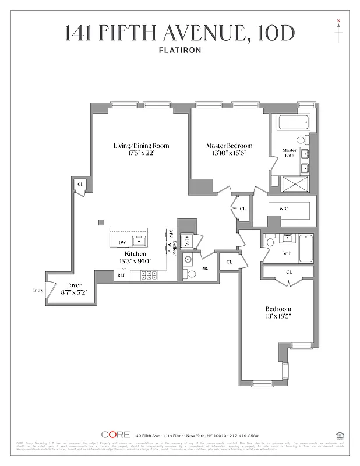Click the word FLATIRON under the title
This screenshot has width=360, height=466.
coord(179,50)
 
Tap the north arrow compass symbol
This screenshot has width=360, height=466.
coord(338,31)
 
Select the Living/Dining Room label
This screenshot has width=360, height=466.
coord(141,146)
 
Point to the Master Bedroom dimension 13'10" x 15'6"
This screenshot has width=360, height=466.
coord(229,154)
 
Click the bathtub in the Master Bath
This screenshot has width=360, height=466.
coord(294,122)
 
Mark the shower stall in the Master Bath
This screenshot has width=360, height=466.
coord(298,185)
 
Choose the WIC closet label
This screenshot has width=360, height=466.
coord(284,208)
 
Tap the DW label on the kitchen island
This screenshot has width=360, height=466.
coord(122,242)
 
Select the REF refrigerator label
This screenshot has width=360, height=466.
coord(121,275)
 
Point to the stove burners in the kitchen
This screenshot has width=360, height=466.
coord(149,275)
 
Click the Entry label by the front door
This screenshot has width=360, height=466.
coord(38,290)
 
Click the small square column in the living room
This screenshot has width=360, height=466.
coord(101,221)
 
